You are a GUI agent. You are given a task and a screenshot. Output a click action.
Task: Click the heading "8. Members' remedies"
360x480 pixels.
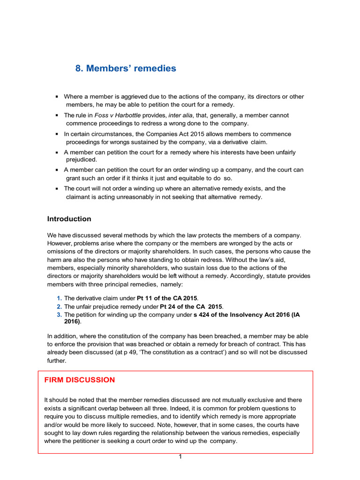126,68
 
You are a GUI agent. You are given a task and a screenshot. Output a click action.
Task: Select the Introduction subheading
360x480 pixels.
69,219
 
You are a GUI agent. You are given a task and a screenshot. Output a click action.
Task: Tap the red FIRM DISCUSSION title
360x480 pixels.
79,380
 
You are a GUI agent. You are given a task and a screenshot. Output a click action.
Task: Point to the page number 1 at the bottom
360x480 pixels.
180,457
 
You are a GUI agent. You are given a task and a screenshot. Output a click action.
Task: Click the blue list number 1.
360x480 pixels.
59,298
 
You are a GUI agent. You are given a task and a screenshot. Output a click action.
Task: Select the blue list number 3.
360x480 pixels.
59,315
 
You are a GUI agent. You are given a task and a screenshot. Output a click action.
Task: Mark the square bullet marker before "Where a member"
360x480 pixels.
57,97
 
